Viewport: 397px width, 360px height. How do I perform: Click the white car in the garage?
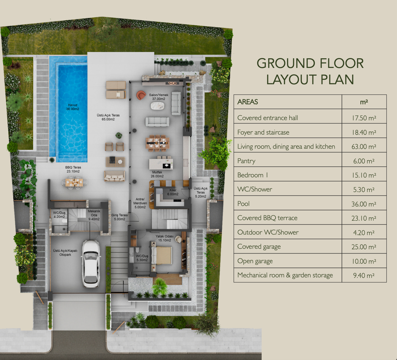point(91,264)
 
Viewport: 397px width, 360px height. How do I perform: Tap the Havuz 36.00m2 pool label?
point(72,107)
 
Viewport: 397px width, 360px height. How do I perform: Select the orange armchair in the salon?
point(141,95)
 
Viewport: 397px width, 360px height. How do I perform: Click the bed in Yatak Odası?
point(161,255)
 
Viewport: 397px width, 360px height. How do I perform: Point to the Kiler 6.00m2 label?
point(173,192)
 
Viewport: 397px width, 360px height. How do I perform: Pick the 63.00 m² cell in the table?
point(364,147)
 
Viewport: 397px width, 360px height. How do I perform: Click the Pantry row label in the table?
point(246,161)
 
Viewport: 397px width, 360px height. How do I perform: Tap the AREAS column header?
point(247,102)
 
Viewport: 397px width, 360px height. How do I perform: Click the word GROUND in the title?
point(286,63)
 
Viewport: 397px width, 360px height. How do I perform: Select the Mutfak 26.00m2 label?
point(157,174)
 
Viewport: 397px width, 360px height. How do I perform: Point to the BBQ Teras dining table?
point(74,182)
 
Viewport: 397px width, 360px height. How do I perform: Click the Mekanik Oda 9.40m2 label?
point(94,215)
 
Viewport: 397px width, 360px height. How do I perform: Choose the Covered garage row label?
point(259,247)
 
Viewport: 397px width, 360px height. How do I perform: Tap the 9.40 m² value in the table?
point(364,275)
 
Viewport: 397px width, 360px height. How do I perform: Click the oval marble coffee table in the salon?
point(158,106)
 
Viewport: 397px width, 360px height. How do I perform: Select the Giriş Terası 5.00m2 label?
point(120,217)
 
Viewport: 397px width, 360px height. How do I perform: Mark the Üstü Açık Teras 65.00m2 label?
point(108,117)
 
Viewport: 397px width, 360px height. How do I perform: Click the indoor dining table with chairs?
point(158,143)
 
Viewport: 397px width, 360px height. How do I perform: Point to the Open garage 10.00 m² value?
point(364,261)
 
